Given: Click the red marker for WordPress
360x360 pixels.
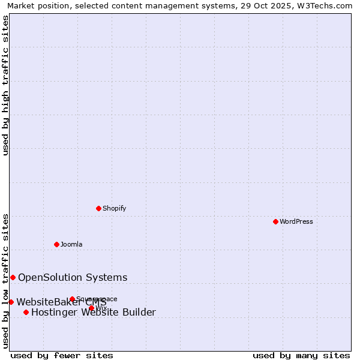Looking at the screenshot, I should [275, 221].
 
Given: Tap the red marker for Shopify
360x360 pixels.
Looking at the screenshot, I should [99, 208].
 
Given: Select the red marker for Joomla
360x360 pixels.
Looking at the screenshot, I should [56, 244].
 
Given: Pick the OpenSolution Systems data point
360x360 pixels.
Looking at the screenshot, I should [13, 277].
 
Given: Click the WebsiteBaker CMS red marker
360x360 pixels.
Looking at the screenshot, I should [11, 302].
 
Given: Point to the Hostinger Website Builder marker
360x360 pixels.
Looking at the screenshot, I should [26, 312].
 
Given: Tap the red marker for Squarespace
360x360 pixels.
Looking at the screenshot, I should [72, 299].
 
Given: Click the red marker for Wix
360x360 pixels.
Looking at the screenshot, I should [91, 308].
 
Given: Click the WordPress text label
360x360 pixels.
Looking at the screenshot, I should [296, 221].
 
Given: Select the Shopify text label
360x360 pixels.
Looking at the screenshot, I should [114, 208].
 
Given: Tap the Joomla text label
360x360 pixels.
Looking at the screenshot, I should [71, 244].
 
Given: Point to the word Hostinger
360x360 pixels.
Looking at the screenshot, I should [56, 312].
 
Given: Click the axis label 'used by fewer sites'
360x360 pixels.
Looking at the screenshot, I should [62, 355].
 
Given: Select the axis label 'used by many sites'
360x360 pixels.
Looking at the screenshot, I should [301, 355].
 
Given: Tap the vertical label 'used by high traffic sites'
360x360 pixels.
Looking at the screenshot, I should [6, 85].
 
